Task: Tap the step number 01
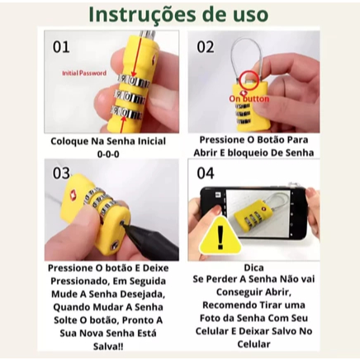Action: tap(61, 47)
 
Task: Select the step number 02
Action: tap(205, 47)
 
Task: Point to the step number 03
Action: tap(61, 173)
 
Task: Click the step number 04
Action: tap(206, 173)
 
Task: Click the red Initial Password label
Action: tap(84, 73)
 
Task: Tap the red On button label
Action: tap(249, 99)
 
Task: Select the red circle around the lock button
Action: tap(249, 80)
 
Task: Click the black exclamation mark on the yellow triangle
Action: tap(220, 237)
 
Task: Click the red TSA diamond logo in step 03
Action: tap(73, 194)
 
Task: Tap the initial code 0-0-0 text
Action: tap(108, 154)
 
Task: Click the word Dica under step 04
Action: tap(253, 268)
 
